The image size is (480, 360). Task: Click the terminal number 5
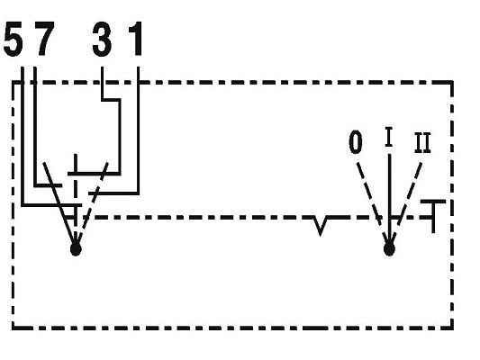click(14, 39)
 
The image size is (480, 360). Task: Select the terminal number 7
click(44, 39)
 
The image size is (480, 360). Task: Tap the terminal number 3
click(102, 39)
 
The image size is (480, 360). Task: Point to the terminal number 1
click(136, 39)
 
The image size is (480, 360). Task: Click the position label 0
click(356, 142)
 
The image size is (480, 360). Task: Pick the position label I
click(389, 137)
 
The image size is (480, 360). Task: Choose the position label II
click(422, 142)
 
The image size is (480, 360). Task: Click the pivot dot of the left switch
click(76, 249)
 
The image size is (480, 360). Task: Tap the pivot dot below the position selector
click(389, 249)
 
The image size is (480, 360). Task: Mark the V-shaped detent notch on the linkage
click(321, 226)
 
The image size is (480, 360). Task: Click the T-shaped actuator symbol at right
click(433, 216)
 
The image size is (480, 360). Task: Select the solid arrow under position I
click(389, 199)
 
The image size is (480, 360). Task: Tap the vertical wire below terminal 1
click(138, 130)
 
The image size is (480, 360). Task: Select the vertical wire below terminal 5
click(23, 136)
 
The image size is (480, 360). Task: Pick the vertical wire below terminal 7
click(35, 126)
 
